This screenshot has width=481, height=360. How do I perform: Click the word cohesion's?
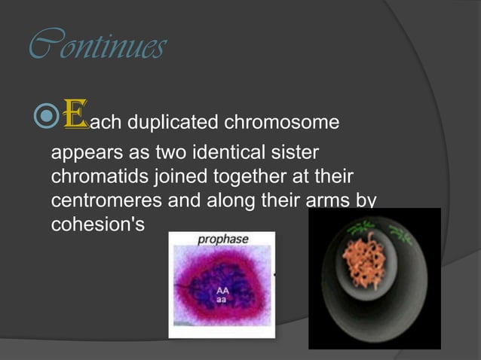(96, 225)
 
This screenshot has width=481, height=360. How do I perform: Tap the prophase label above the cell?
(222, 240)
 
